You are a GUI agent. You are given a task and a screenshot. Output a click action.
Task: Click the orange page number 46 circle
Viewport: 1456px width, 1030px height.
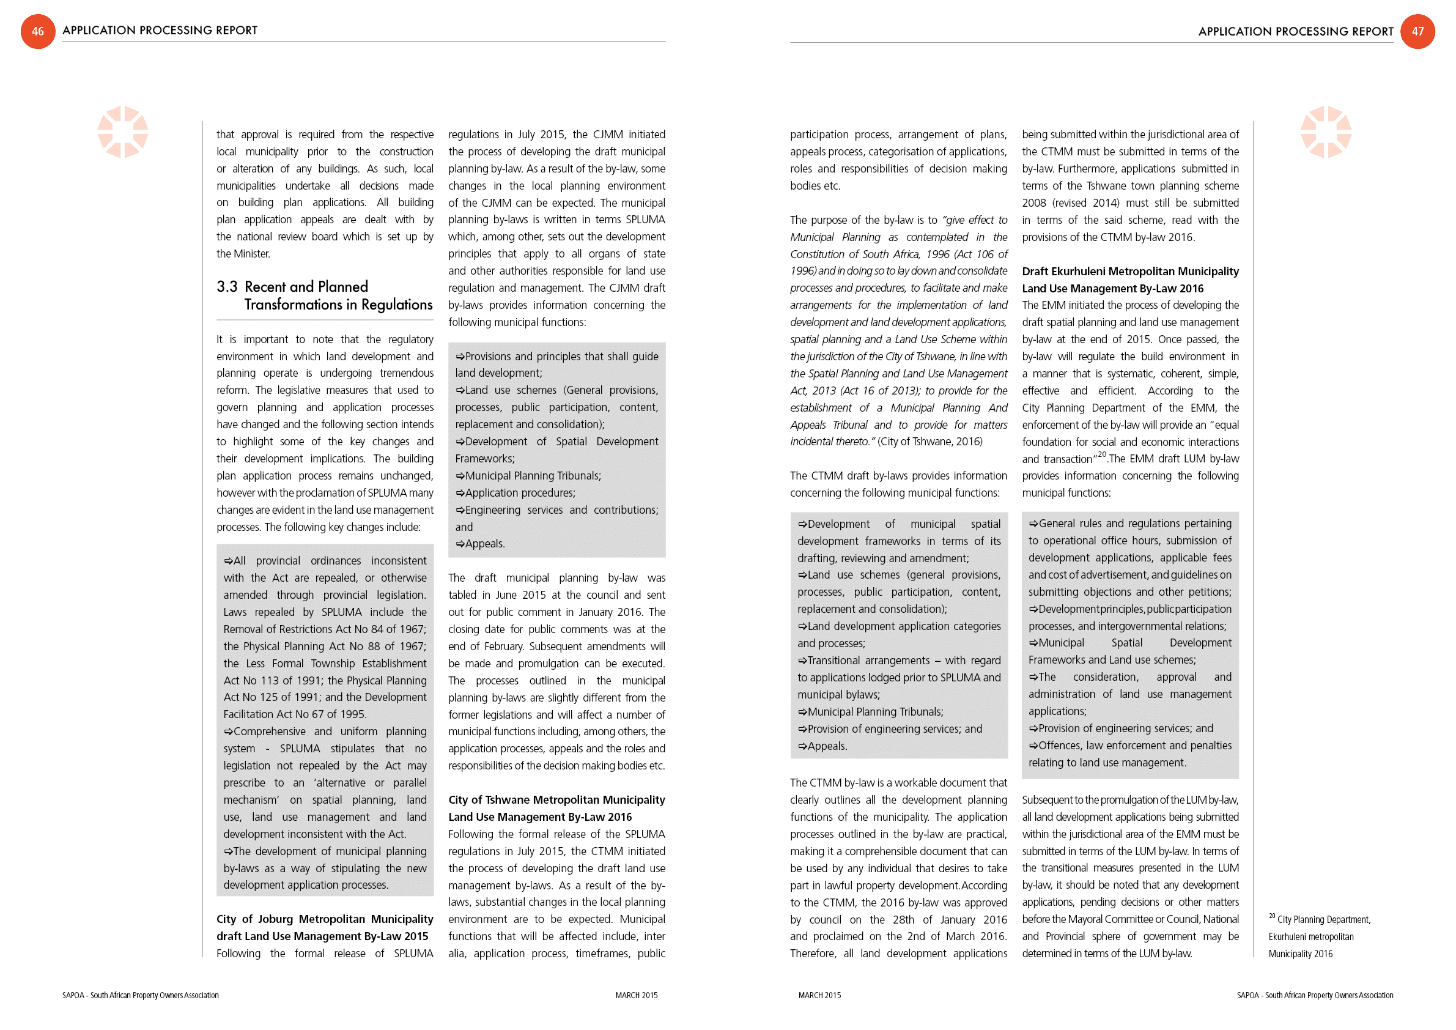(x=37, y=31)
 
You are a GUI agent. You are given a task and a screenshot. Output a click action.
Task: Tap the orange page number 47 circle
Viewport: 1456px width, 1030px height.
(x=1417, y=31)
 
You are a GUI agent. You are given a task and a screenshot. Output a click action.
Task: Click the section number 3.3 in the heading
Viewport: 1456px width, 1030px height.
(x=226, y=287)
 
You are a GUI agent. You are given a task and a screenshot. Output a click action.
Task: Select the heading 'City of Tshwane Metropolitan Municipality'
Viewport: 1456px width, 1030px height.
(x=556, y=800)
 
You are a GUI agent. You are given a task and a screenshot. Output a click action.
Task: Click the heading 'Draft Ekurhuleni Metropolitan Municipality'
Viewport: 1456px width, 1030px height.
(x=1130, y=272)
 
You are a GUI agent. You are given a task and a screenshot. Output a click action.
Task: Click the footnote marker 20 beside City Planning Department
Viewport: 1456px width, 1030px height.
(x=1271, y=916)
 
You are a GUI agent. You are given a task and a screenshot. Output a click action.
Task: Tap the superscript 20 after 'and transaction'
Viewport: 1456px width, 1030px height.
(x=1102, y=454)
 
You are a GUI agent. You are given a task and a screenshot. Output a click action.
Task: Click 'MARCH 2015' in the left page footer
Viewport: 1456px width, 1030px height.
(x=636, y=995)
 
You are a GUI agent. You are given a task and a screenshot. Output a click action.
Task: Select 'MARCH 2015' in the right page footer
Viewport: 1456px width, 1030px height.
(x=819, y=995)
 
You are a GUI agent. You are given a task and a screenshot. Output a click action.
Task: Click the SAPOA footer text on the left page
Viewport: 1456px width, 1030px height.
(x=140, y=995)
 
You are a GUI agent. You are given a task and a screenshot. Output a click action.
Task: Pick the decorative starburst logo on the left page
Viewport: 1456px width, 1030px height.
(x=123, y=132)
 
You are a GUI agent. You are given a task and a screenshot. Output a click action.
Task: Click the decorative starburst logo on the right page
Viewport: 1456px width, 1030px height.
(x=1325, y=132)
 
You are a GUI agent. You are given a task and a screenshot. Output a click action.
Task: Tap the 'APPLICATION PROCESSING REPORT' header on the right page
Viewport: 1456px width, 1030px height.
(x=1295, y=31)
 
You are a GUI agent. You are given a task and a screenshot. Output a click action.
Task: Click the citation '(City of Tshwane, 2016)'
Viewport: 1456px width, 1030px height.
(x=929, y=442)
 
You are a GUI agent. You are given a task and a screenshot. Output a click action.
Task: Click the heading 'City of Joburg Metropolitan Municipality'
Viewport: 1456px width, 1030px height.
(x=325, y=919)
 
